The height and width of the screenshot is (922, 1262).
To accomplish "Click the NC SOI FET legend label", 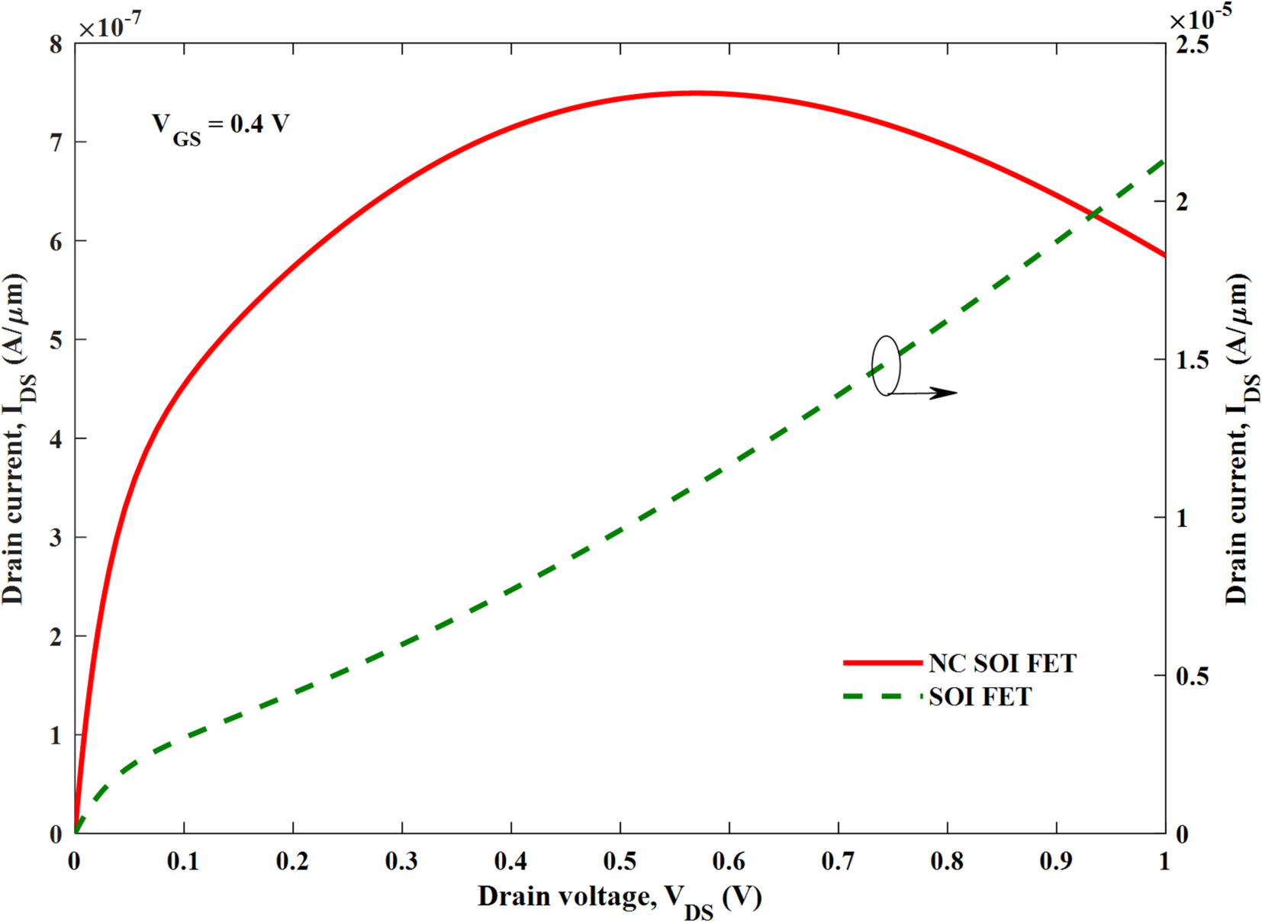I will click(x=1002, y=663).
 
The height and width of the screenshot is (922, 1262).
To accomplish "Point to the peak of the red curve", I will click(x=695, y=93).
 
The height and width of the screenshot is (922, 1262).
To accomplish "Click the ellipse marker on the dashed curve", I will click(x=886, y=365).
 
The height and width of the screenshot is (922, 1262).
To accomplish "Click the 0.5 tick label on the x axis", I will click(x=620, y=862).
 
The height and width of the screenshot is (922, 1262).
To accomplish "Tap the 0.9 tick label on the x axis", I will click(x=1056, y=862).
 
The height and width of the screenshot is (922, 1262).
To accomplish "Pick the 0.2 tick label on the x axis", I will click(x=292, y=862).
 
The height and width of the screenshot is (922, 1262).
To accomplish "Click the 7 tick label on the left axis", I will click(x=56, y=143).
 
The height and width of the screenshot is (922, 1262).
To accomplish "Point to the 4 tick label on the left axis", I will click(x=56, y=439).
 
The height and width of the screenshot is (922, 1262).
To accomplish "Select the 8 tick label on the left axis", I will click(x=56, y=44).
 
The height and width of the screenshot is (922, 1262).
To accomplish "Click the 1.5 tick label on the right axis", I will click(x=1192, y=360).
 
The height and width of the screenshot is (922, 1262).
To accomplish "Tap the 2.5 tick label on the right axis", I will click(x=1192, y=44).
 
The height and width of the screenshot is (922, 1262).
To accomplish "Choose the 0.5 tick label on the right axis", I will click(x=1192, y=676).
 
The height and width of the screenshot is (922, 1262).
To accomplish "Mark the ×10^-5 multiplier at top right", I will click(x=1200, y=18).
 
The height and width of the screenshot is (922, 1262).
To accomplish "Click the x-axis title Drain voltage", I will click(x=619, y=898).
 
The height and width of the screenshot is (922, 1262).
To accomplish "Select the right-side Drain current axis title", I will click(x=1240, y=439).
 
